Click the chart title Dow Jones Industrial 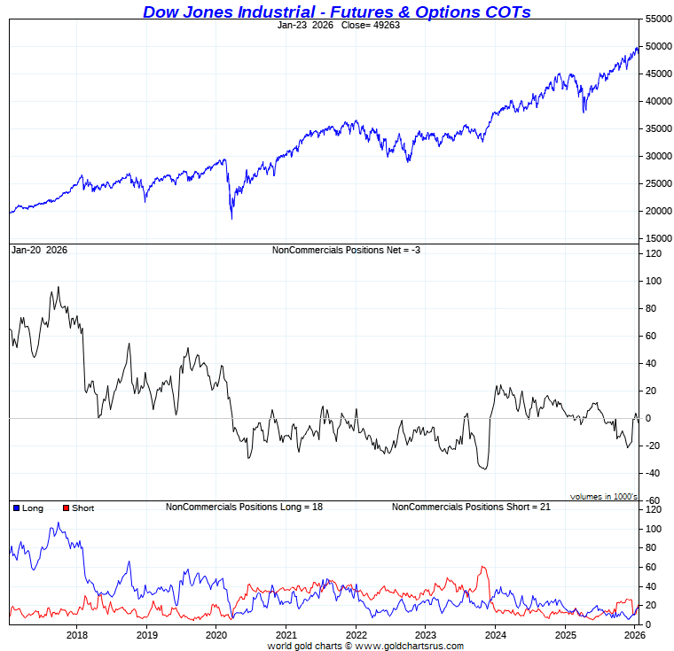337,12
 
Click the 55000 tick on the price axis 657,19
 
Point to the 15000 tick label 657,239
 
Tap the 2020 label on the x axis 216,635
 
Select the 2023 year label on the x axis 426,635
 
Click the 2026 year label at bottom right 633,635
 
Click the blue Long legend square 17,508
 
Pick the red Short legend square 65,508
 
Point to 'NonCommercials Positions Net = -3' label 346,251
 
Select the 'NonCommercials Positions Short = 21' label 471,507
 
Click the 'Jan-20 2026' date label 39,251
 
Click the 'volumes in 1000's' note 604,497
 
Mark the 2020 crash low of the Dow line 232,219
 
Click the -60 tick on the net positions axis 653,501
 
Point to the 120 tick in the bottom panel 654,510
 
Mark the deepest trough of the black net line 484,469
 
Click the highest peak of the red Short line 483,567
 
